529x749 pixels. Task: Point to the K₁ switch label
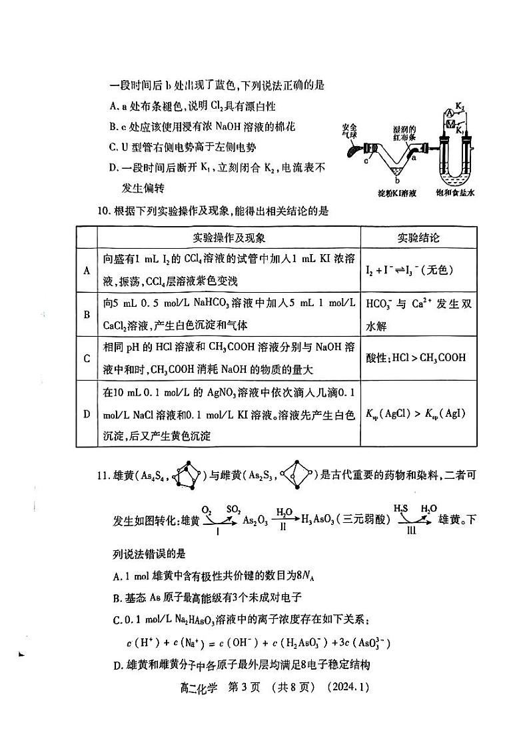click(x=459, y=131)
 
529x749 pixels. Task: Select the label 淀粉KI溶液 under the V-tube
click(x=396, y=193)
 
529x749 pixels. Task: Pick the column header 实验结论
click(x=418, y=237)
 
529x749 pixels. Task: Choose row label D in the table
click(x=87, y=414)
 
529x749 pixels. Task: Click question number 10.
click(x=103, y=211)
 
